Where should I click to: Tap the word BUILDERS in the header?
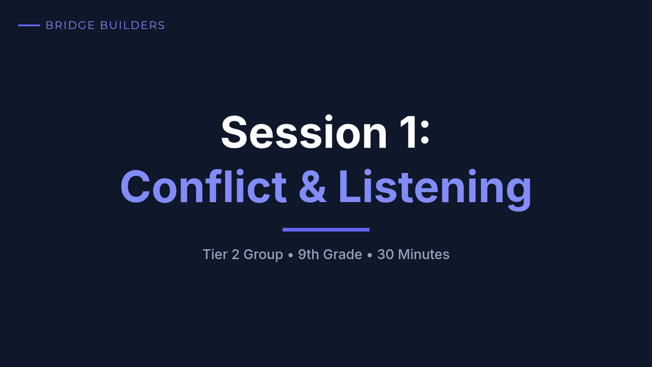click(x=133, y=26)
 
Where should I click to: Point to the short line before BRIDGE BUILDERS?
click(x=29, y=26)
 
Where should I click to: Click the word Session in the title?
click(x=304, y=132)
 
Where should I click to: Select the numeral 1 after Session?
click(x=408, y=132)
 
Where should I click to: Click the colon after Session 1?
click(x=425, y=133)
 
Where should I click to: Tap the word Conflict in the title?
click(x=204, y=186)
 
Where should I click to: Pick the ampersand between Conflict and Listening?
click(x=312, y=186)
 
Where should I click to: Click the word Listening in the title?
click(x=435, y=189)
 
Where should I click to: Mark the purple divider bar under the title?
click(x=326, y=230)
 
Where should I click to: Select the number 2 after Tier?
click(x=235, y=254)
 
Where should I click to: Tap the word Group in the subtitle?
click(x=263, y=255)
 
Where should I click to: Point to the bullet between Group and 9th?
click(x=290, y=255)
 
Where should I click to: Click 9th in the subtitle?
click(x=308, y=254)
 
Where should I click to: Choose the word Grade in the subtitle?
click(x=343, y=254)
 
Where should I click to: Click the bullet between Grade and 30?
click(x=369, y=255)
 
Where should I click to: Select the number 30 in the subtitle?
click(x=385, y=254)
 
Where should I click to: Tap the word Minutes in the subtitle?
click(x=424, y=254)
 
